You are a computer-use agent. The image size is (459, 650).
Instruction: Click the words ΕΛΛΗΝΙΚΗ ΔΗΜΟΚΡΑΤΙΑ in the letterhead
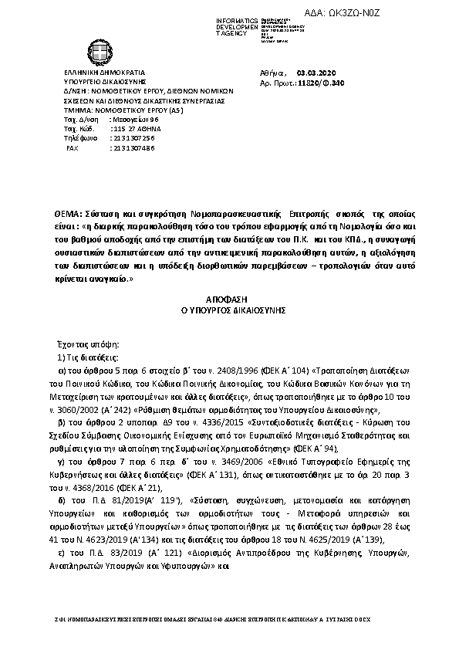click(99, 71)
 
